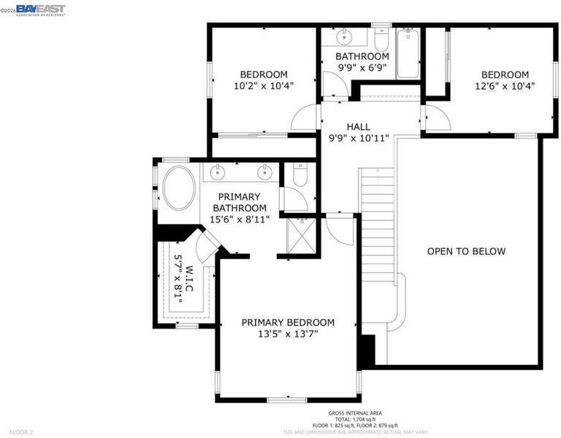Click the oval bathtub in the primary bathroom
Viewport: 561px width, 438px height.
point(179,188)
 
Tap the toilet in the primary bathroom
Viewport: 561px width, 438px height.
point(300,175)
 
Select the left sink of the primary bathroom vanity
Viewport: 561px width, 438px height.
point(217,172)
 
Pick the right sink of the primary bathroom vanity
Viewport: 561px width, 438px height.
point(264,172)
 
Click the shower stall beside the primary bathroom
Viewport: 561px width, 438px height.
point(302,236)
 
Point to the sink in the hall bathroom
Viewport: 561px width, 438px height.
point(344,36)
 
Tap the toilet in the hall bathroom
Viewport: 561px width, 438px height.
point(381,39)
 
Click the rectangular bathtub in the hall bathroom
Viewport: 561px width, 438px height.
point(408,53)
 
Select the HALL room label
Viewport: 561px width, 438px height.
point(359,126)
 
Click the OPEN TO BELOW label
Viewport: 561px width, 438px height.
point(466,251)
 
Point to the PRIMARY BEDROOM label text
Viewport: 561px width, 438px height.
point(288,323)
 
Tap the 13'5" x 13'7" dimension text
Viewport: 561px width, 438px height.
point(288,334)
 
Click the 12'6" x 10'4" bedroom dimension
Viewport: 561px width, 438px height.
point(505,86)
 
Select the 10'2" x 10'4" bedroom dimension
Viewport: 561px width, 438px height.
point(264,86)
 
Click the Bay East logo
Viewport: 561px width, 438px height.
point(41,10)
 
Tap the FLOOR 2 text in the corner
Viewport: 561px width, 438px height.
point(21,432)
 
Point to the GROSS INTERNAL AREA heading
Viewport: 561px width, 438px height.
point(355,413)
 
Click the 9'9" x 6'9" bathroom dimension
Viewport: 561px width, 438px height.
point(362,67)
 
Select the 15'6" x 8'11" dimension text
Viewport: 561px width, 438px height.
point(240,219)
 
